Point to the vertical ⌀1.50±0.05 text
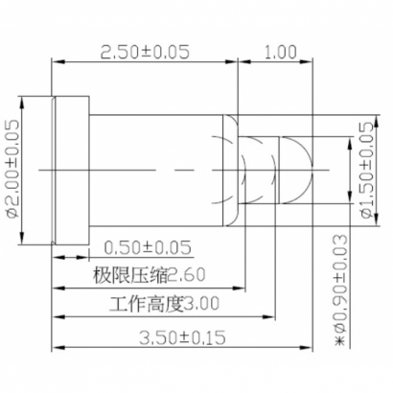click(x=365, y=170)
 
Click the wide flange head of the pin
click(x=69, y=169)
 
